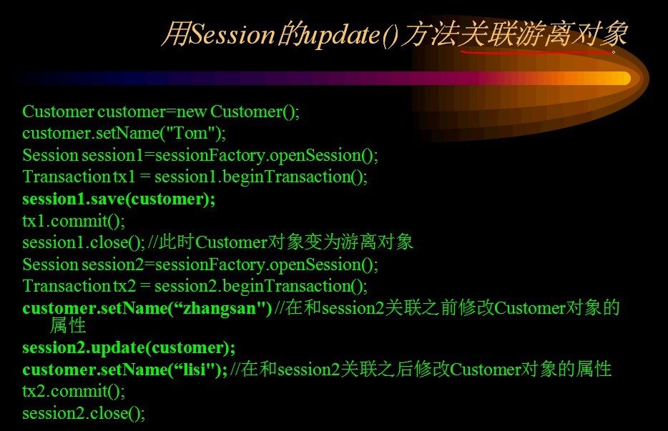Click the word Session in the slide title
click(232, 34)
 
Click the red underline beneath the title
click(538, 52)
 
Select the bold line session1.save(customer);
click(119, 199)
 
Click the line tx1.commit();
click(74, 221)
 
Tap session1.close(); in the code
click(84, 242)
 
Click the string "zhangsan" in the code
click(219, 308)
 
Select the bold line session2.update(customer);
click(129, 348)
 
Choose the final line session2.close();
click(84, 413)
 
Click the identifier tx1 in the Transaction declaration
click(124, 177)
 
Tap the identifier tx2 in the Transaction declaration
click(124, 286)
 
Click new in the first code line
click(191, 112)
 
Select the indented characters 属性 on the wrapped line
click(68, 325)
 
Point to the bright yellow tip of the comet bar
click(620, 79)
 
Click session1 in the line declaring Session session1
click(112, 155)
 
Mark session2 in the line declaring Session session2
click(113, 264)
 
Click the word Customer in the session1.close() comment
click(231, 242)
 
